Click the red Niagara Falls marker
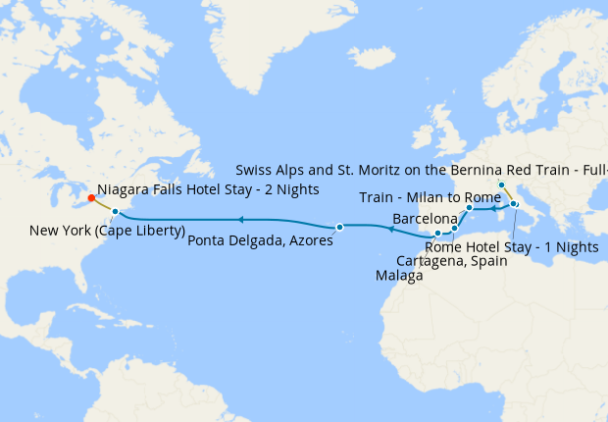(91, 196)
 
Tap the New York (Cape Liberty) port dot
(116, 211)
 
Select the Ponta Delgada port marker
(339, 227)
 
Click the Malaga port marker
(437, 234)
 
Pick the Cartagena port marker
(454, 229)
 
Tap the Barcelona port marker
(470, 208)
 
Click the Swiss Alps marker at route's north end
(501, 185)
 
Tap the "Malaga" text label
(399, 277)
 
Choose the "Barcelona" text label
(425, 218)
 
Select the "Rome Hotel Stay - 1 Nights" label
(512, 247)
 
